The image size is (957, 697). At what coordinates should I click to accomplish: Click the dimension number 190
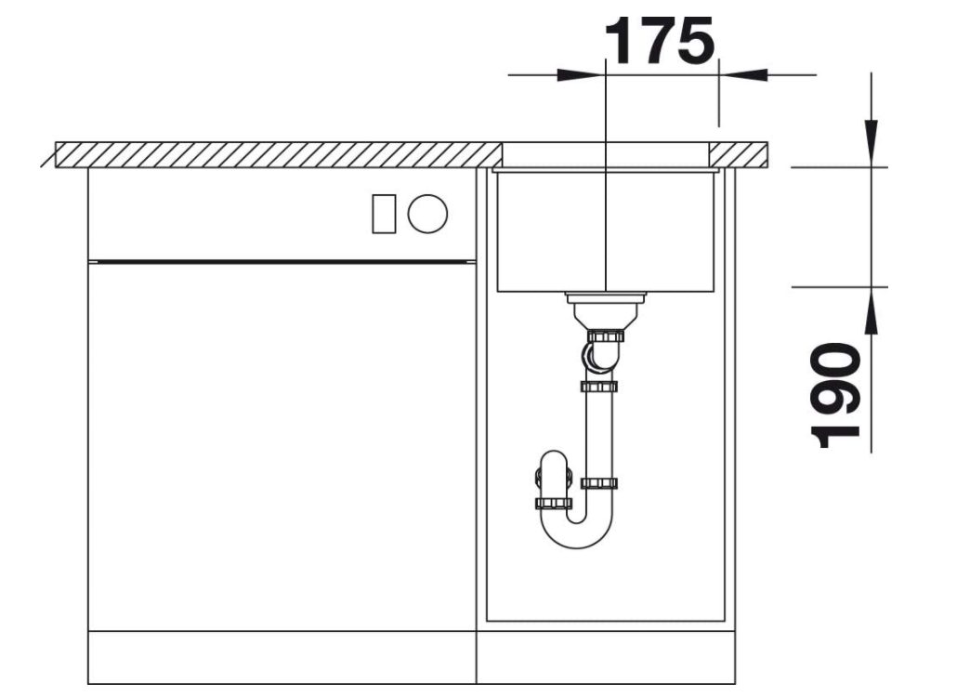click(835, 395)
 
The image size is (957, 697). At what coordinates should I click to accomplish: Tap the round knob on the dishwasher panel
click(427, 214)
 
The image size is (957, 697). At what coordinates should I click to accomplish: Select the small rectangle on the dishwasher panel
click(384, 214)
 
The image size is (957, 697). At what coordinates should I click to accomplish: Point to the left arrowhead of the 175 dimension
click(581, 75)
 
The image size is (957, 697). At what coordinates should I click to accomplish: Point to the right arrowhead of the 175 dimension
click(742, 75)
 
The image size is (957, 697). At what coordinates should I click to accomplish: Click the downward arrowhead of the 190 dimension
click(871, 143)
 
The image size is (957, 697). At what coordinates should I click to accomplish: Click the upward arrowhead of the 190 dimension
click(871, 310)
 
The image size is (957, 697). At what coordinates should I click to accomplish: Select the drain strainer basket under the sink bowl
click(604, 310)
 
